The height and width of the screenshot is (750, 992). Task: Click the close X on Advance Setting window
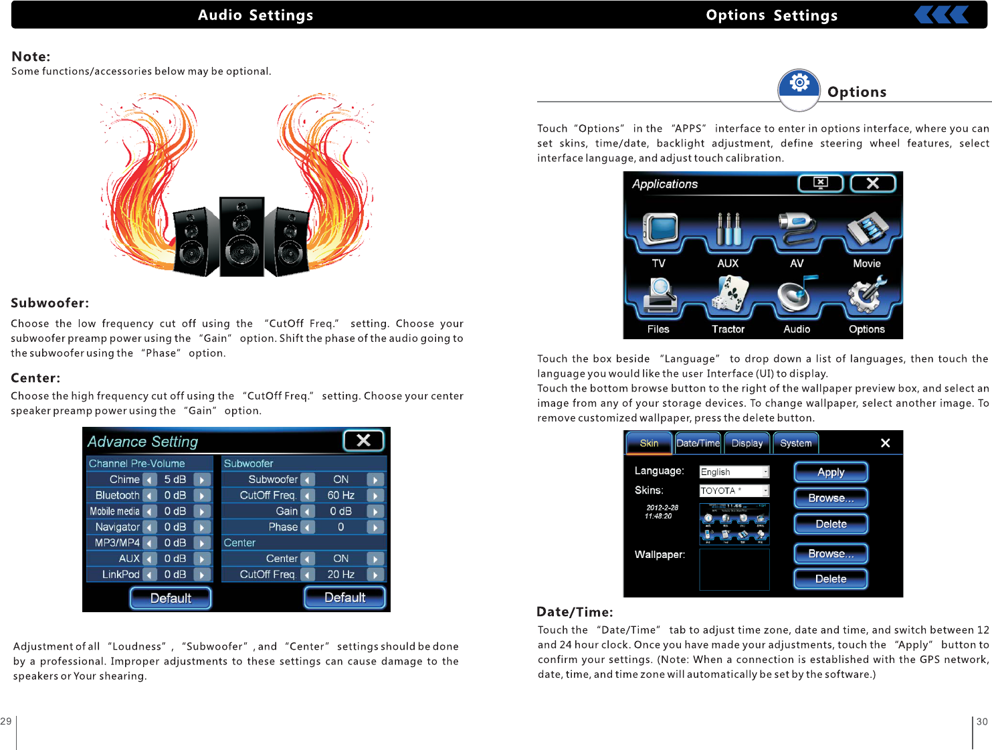click(x=363, y=440)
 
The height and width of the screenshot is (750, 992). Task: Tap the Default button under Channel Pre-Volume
click(x=171, y=598)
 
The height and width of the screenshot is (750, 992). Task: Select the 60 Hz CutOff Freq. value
click(x=340, y=496)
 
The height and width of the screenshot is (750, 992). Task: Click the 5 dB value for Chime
click(x=175, y=480)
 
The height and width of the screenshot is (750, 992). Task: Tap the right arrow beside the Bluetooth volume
click(x=202, y=496)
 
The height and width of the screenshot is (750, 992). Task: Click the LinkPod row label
click(x=121, y=575)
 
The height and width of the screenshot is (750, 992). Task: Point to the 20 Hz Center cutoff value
click(x=340, y=575)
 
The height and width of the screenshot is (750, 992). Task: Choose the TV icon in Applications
click(x=660, y=229)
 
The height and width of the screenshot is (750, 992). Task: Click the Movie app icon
click(x=868, y=229)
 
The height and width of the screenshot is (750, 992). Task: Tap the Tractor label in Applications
click(x=728, y=329)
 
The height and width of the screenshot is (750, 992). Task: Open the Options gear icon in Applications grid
click(x=867, y=296)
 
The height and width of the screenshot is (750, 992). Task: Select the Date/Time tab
click(x=698, y=443)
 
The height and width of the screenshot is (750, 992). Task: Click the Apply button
click(x=831, y=472)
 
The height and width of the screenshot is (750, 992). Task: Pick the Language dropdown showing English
click(x=734, y=472)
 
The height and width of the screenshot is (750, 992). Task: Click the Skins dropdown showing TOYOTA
click(x=734, y=491)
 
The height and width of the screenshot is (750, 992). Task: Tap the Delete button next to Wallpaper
click(x=831, y=579)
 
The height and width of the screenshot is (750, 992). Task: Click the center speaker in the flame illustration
click(x=241, y=237)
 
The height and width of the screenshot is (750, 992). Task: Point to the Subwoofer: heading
click(x=50, y=303)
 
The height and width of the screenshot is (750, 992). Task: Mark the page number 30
click(x=982, y=722)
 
